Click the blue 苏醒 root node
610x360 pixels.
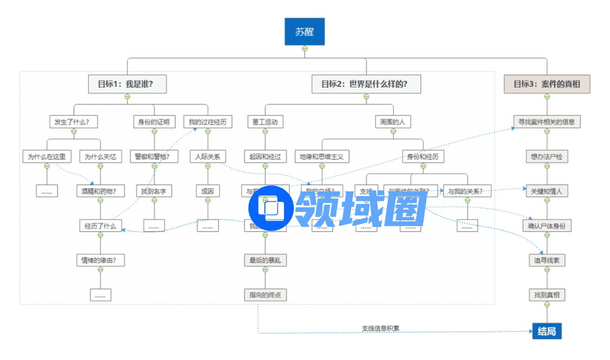(304, 32)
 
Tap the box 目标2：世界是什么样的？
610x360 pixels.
(366, 84)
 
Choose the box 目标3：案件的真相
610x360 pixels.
(546, 84)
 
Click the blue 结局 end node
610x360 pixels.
(546, 331)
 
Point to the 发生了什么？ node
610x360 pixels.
(73, 122)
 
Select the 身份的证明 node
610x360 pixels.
(154, 122)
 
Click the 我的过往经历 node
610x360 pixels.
(207, 122)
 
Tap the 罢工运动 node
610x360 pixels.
(265, 122)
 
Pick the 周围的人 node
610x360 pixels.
(393, 122)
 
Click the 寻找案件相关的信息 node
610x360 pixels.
(546, 122)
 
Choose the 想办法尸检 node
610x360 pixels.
(546, 157)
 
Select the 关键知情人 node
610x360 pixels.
(546, 191)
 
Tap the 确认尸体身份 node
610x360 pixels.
(546, 226)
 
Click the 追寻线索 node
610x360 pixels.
(546, 261)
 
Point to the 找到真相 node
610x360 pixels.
(546, 295)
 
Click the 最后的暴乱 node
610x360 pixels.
(265, 261)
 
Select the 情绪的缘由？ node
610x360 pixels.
(100, 261)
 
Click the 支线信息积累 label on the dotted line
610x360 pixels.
(380, 328)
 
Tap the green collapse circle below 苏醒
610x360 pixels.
(304, 49)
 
